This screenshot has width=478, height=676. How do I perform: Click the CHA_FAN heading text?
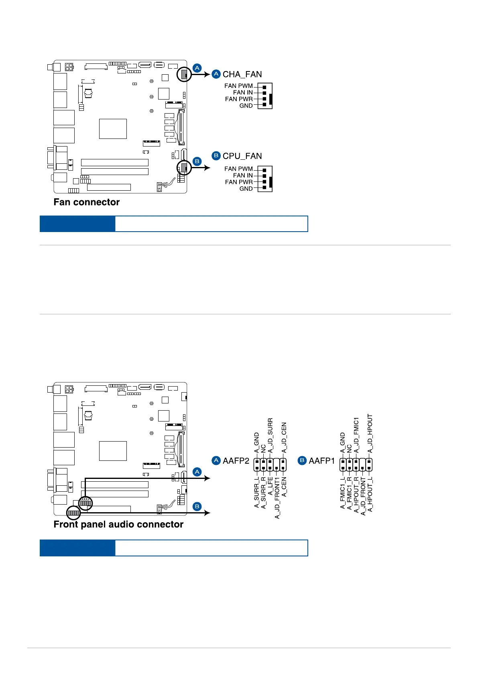(242, 74)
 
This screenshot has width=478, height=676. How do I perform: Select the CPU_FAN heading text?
(242, 156)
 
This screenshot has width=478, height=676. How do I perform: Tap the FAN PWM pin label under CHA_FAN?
(238, 86)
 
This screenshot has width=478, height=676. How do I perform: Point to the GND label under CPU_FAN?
(246, 189)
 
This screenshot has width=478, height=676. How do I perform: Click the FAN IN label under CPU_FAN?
(243, 175)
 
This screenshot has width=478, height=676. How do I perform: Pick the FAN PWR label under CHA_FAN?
(239, 99)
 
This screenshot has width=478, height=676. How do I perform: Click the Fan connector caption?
(87, 202)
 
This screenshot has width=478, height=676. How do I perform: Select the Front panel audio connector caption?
(118, 524)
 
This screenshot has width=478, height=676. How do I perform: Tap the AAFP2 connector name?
(236, 461)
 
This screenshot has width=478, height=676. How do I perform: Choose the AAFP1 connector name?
(321, 461)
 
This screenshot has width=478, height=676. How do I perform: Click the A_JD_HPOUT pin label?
(370, 434)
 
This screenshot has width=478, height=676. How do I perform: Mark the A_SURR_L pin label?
(257, 492)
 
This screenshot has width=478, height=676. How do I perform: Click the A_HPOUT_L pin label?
(370, 494)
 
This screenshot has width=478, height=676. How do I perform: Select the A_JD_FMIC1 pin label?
(356, 435)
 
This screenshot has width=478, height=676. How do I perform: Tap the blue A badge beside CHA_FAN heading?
(216, 74)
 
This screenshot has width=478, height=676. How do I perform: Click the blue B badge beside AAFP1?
(302, 460)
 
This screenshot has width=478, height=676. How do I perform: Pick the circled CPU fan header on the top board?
(184, 167)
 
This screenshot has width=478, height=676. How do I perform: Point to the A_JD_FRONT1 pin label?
(277, 498)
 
